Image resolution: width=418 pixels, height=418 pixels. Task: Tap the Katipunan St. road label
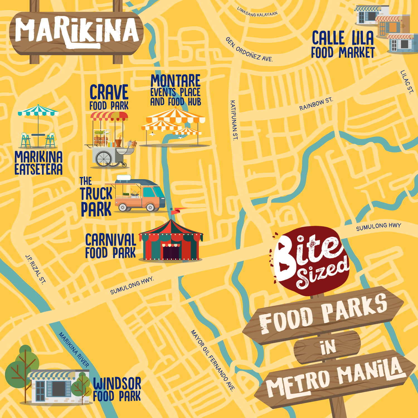[x=234, y=120]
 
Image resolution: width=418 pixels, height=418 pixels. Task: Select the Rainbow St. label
[x=316, y=104]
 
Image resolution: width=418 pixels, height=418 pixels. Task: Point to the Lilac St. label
[x=407, y=82]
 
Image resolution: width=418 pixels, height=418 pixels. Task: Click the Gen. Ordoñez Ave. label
[x=249, y=50]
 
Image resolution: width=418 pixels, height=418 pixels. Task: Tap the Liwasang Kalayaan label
[x=257, y=12]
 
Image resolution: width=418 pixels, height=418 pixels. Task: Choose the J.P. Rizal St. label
[x=35, y=269]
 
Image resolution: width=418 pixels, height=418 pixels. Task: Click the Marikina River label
[x=74, y=349]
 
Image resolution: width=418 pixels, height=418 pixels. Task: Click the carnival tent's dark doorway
[x=171, y=252]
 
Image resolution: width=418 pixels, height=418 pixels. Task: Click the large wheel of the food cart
[x=104, y=159]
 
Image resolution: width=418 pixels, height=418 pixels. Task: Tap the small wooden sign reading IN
[x=328, y=347]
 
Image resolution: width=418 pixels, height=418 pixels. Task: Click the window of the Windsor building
[x=59, y=388]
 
